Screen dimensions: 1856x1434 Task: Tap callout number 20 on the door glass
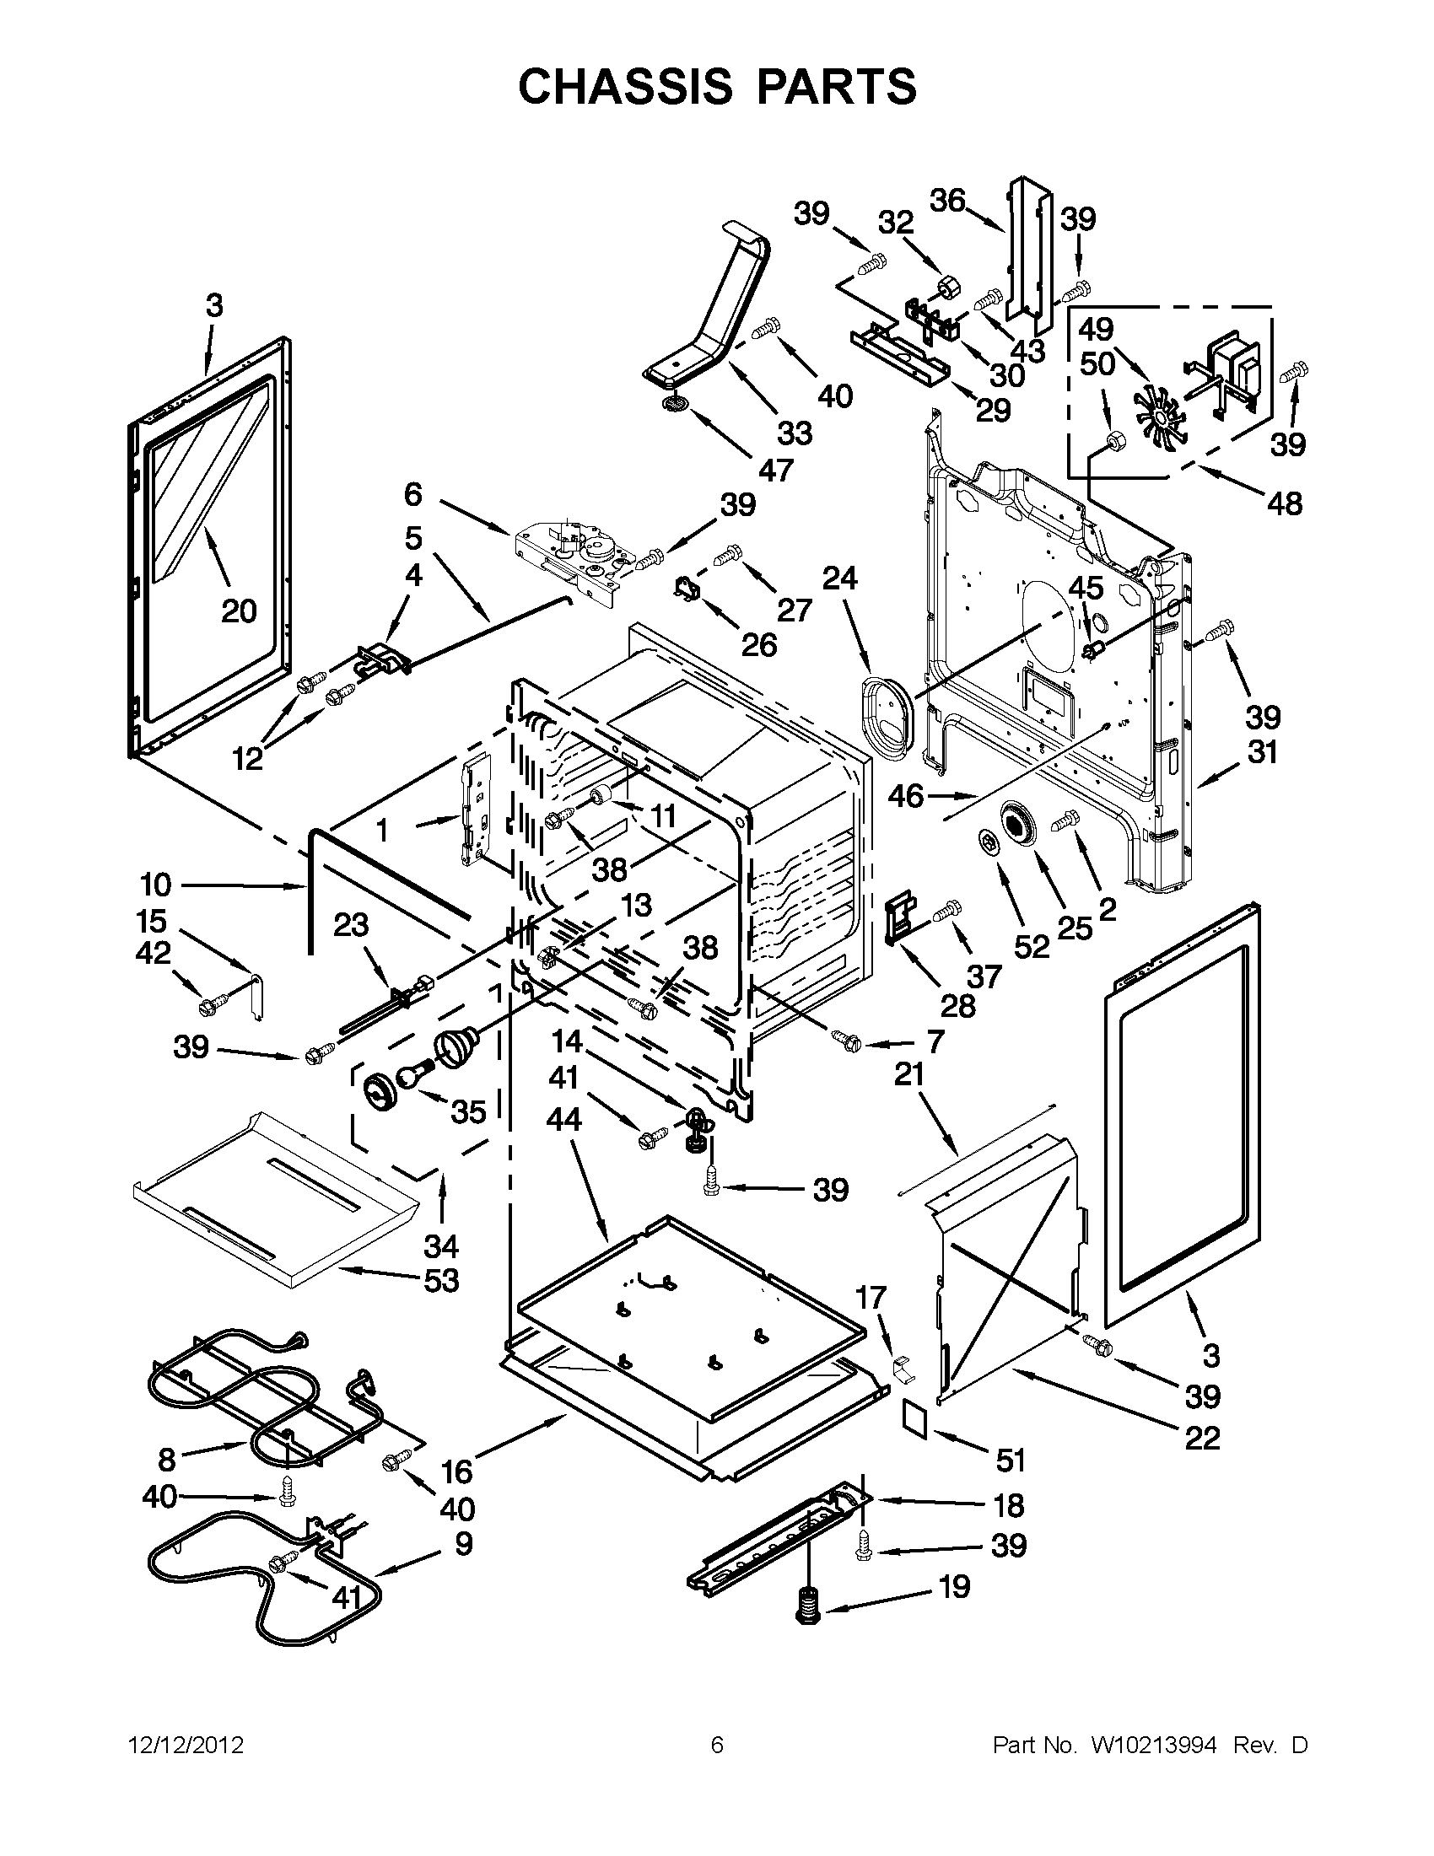click(x=239, y=611)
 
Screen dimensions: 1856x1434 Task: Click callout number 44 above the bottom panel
click(x=564, y=1119)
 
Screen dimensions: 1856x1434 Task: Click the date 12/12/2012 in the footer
click(x=186, y=1746)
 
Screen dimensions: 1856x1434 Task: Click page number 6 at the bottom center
click(x=716, y=1746)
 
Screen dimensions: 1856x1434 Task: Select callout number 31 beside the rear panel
click(x=1262, y=752)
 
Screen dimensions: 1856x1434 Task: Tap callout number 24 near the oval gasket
click(x=840, y=578)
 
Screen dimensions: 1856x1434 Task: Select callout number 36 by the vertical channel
click(x=947, y=201)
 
